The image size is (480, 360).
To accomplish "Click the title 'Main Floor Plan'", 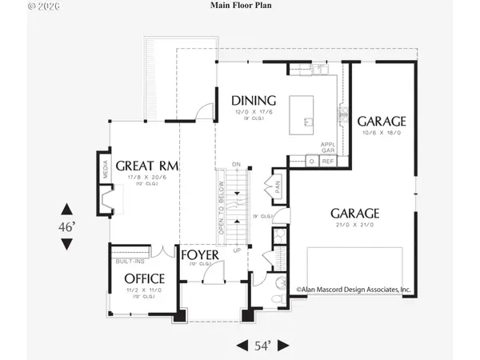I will tap(240, 7).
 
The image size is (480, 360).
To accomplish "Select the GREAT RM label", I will tap(146, 166).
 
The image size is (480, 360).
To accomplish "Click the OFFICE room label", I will tap(144, 278).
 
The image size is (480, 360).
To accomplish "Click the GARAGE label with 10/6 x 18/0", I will tap(382, 122).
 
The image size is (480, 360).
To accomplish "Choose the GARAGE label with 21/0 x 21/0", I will tap(354, 214).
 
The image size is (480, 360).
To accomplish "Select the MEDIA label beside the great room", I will tap(105, 169).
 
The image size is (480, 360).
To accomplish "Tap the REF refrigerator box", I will tap(327, 161).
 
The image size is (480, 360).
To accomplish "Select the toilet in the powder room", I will tap(276, 298).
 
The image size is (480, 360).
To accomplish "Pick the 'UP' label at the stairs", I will tap(237, 250).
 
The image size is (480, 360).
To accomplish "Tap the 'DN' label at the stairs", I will tap(236, 164).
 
